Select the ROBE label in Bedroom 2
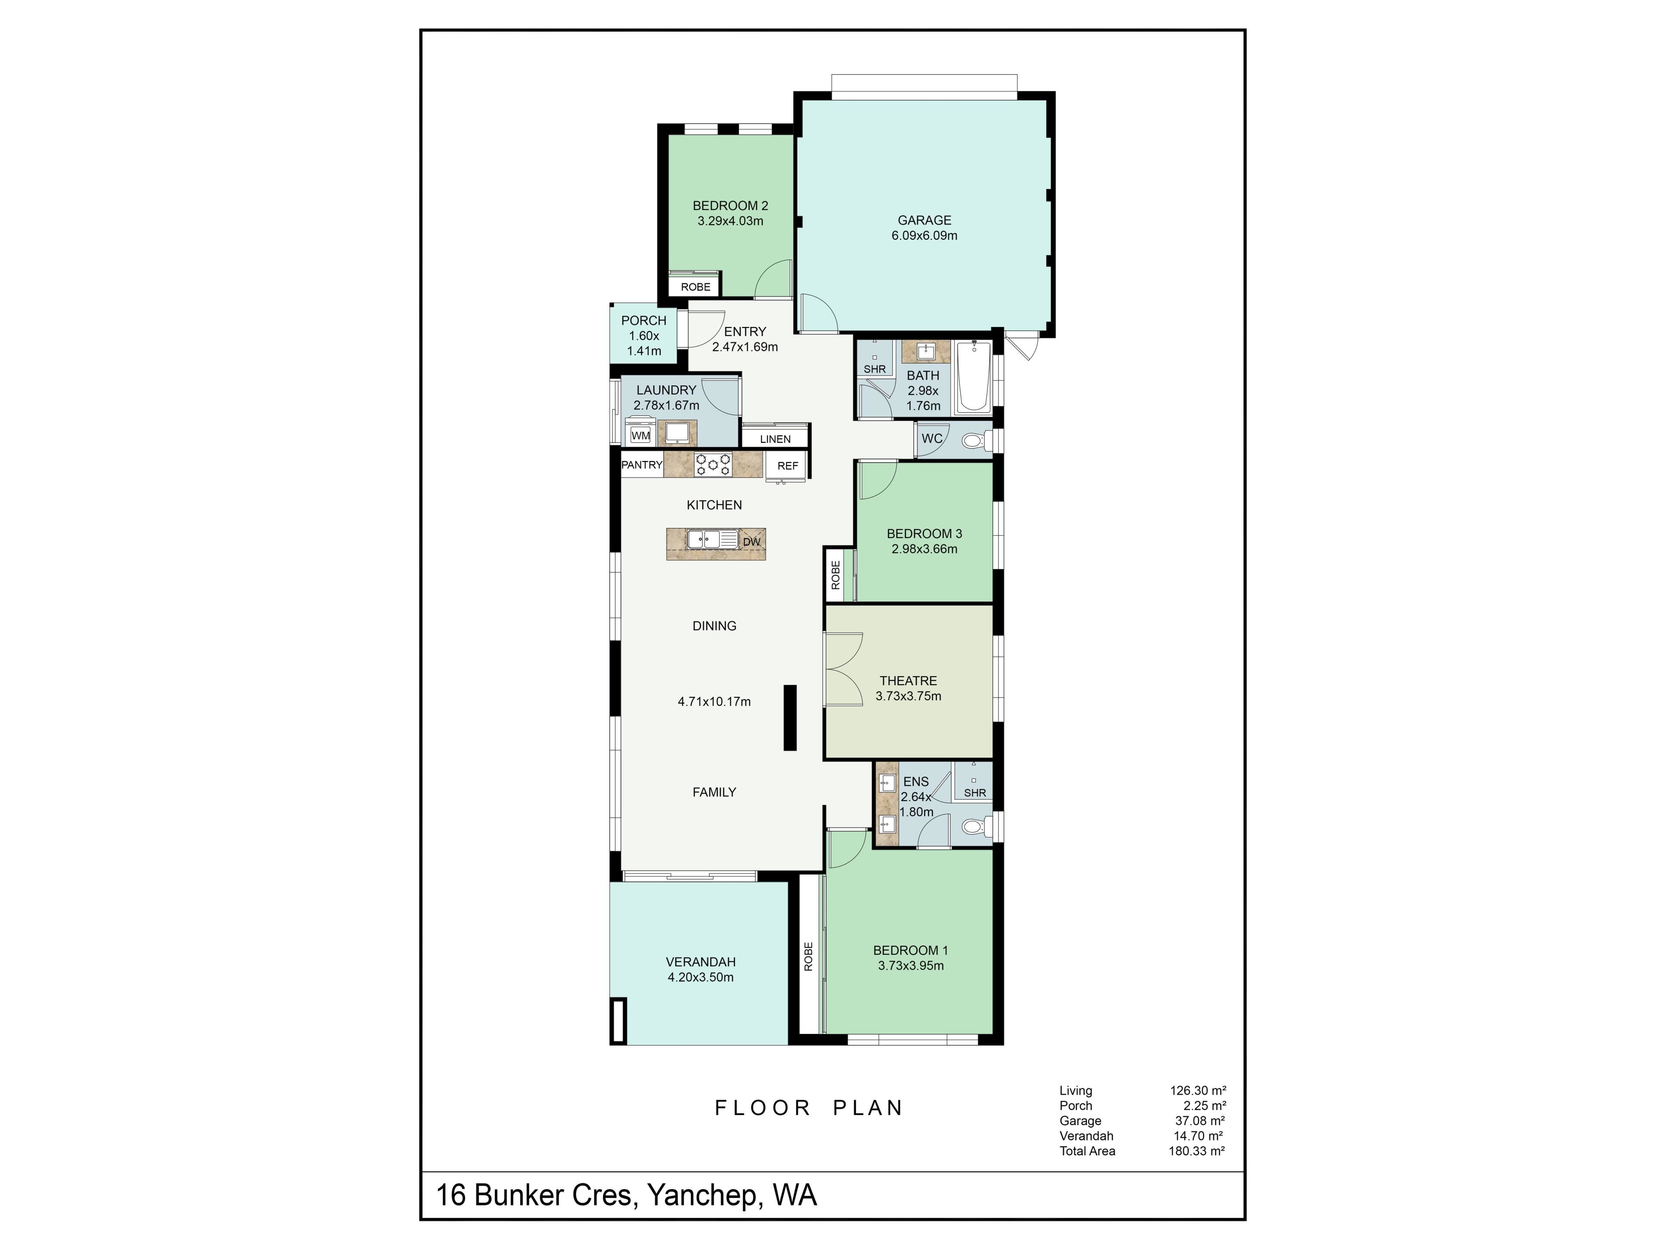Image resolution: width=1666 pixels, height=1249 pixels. click(695, 287)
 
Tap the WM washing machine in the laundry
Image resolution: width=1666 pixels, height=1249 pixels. click(640, 435)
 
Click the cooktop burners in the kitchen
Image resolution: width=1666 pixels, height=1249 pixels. click(712, 464)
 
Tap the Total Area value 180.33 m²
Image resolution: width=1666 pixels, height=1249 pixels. click(1197, 1151)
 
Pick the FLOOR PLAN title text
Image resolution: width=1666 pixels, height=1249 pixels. click(809, 1108)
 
